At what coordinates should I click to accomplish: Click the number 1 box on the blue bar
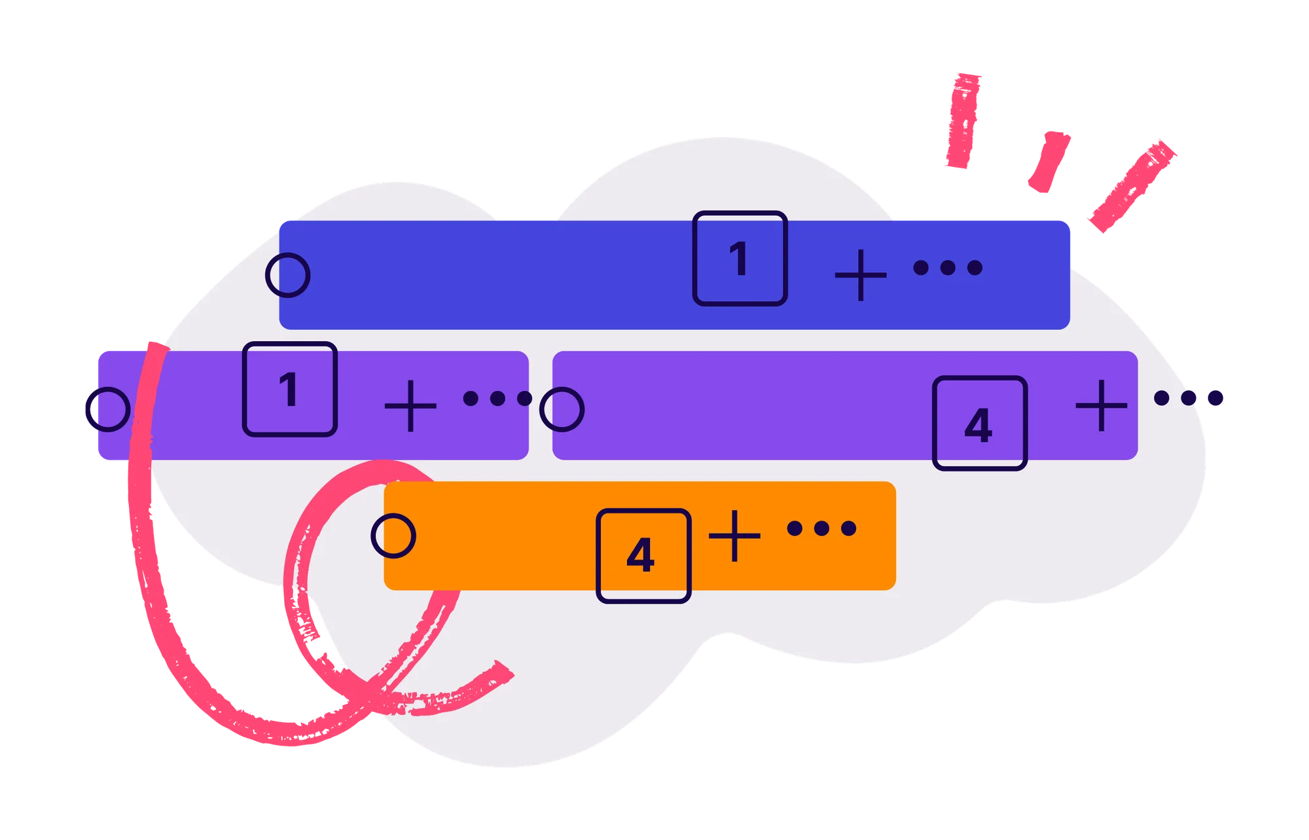(740, 259)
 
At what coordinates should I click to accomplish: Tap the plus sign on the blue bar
(861, 275)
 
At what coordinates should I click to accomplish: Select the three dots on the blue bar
(948, 267)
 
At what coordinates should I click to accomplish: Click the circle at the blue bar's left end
(287, 275)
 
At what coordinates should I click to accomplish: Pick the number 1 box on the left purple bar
(289, 389)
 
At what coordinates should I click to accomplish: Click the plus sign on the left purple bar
(410, 406)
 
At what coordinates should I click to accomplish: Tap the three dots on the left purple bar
(497, 398)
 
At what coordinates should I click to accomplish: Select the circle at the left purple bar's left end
(107, 409)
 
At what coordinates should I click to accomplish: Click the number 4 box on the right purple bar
(979, 423)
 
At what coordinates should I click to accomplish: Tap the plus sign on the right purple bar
(1101, 406)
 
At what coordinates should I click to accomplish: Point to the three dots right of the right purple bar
(1189, 397)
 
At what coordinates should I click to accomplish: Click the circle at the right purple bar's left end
(562, 409)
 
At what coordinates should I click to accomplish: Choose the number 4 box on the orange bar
(643, 555)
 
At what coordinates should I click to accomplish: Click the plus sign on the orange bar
(734, 536)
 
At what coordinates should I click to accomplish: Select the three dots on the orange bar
(821, 528)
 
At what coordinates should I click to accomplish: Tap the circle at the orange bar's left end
(393, 536)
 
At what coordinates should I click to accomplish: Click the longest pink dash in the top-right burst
(1132, 185)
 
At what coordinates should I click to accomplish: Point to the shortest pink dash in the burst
(1049, 161)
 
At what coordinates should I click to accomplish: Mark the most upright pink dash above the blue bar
(963, 121)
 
